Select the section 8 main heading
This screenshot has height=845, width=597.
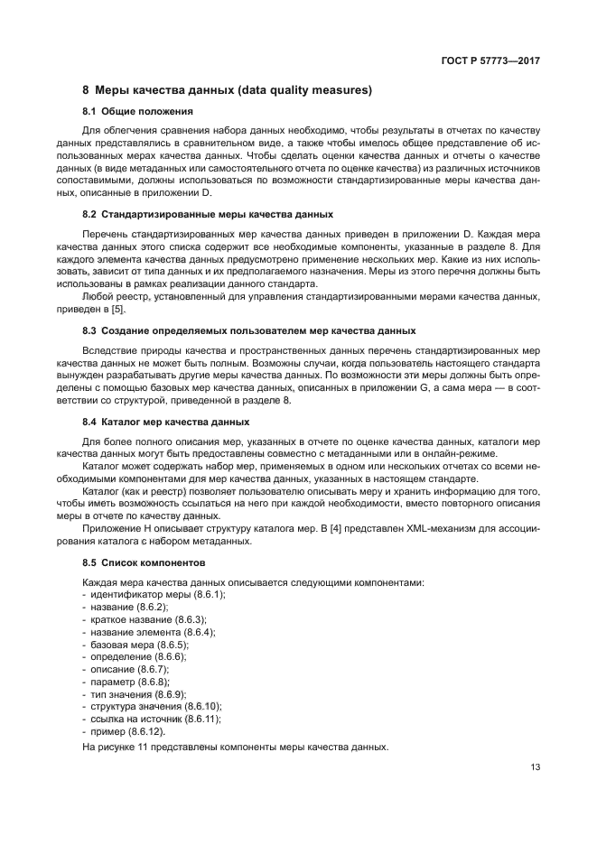point(228,90)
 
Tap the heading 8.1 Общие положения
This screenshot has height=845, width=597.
point(137,111)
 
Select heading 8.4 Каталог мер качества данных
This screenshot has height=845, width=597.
point(165,422)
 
